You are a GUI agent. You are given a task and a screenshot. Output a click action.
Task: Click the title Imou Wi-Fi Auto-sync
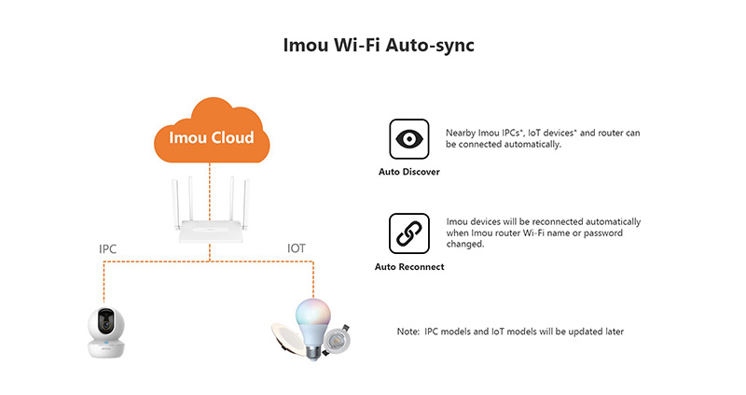coord(372,46)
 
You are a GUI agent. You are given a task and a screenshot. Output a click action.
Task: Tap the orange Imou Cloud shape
coord(211,136)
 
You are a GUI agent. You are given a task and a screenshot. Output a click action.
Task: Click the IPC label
coord(109,249)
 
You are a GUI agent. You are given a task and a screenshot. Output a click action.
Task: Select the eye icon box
coord(408,139)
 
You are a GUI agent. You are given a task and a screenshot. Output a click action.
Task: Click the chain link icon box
coord(408,233)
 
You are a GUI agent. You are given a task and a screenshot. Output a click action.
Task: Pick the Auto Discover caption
coord(408,173)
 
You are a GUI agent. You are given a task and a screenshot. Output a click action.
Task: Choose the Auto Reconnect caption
coord(408,267)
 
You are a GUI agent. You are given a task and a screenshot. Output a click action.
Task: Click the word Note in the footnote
coord(408,332)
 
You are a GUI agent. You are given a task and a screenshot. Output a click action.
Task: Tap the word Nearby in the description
coord(461,133)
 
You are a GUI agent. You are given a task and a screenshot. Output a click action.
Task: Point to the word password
coord(615,233)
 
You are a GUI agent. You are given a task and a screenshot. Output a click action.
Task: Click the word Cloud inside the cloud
coord(232,137)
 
